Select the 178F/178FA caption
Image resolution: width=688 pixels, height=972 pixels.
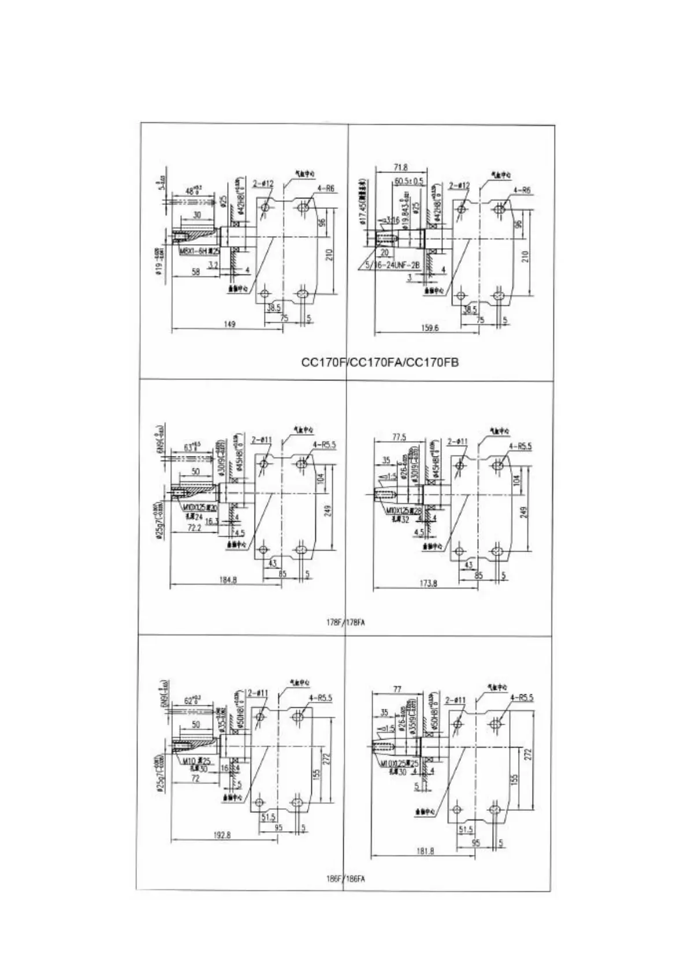345,622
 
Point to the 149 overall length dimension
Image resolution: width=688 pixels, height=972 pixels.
230,325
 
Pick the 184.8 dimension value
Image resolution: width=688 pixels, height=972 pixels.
229,580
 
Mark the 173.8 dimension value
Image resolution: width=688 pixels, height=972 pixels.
428,584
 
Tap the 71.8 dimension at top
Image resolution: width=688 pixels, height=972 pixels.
401,167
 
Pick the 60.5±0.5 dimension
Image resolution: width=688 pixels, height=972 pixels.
409,181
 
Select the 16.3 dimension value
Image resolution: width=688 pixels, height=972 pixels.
211,521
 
